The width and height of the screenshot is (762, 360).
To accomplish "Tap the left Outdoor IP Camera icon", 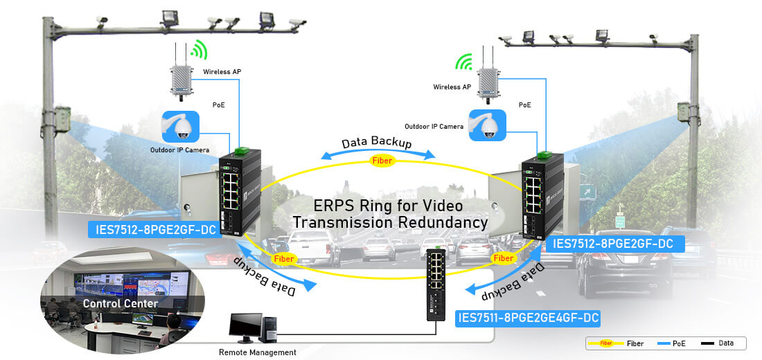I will point(181,127).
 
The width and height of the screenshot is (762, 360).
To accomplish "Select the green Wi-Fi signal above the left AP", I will point(199,49).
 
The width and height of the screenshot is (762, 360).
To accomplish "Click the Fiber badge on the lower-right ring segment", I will point(503,258).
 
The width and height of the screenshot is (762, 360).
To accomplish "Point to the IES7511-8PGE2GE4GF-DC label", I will point(527,318).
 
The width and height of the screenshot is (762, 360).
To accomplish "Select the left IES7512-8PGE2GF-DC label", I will point(154,230).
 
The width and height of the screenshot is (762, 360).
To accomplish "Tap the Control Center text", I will point(121,303).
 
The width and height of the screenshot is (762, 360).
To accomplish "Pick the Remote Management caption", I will point(258,352).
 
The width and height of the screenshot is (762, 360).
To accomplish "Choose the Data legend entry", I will point(720,343).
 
